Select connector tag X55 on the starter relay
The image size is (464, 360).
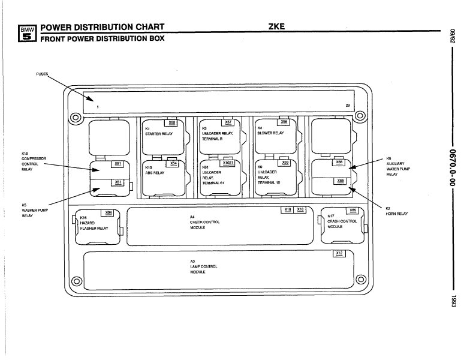[173, 122]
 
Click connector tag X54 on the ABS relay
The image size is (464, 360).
[173, 163]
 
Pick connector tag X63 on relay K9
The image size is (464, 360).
[285, 163]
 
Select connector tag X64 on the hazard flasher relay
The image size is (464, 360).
[109, 212]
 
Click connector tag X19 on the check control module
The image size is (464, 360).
[288, 209]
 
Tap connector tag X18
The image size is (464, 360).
[300, 209]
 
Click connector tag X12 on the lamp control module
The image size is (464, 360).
[339, 254]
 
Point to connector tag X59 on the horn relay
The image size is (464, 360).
[340, 181]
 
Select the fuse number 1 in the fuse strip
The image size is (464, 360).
[89, 107]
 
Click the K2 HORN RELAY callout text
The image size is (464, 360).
[397, 211]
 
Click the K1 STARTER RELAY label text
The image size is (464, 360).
[158, 131]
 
